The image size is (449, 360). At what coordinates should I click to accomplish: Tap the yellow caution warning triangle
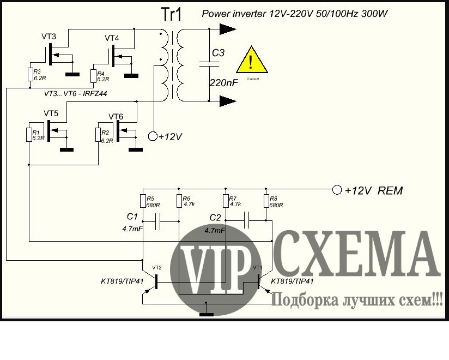pyautogui.click(x=251, y=61)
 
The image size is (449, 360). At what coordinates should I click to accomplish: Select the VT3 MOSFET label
pyautogui.click(x=48, y=37)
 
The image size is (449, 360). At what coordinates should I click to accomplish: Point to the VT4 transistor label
pyautogui.click(x=112, y=38)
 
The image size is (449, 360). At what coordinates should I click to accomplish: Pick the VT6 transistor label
pyautogui.click(x=116, y=117)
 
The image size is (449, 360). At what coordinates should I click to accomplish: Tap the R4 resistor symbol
pyautogui.click(x=94, y=75)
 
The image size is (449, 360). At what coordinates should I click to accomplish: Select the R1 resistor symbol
pyautogui.click(x=29, y=134)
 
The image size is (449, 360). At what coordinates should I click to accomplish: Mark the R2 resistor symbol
pyautogui.click(x=98, y=134)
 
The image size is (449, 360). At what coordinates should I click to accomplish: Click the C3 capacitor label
pyautogui.click(x=218, y=53)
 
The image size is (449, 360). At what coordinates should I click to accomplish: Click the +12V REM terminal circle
pyautogui.click(x=336, y=190)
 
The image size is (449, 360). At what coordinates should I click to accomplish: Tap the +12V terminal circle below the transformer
pyautogui.click(x=153, y=136)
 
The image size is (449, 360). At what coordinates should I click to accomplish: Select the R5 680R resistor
pyautogui.click(x=143, y=201)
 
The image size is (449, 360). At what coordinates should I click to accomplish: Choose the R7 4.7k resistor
pyautogui.click(x=225, y=201)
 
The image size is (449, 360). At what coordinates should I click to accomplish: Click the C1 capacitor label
pyautogui.click(x=132, y=216)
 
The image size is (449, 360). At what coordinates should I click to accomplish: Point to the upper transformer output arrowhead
pyautogui.click(x=228, y=27)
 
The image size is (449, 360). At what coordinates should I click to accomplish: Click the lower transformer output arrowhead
pyautogui.click(x=228, y=100)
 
